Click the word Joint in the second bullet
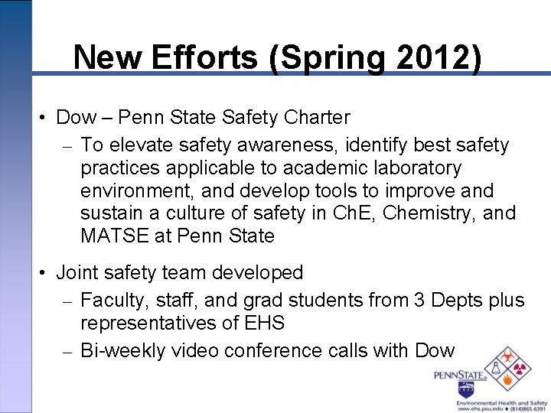[78, 272]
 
